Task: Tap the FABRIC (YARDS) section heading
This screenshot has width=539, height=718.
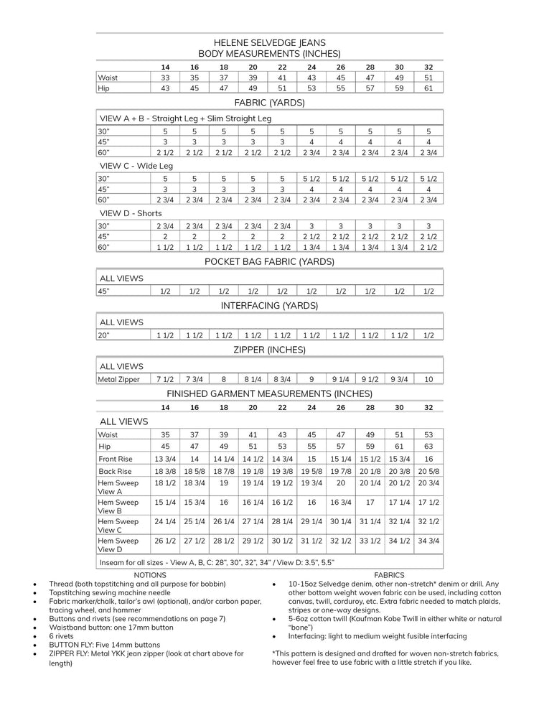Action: tap(269, 103)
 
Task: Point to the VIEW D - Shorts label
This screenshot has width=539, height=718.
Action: tap(131, 213)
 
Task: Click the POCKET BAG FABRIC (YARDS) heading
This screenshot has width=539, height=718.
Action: tap(269, 261)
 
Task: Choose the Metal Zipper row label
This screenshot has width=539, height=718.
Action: tap(119, 379)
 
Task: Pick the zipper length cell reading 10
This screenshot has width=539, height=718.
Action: tap(428, 379)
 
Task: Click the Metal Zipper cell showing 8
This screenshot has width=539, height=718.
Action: tap(224, 379)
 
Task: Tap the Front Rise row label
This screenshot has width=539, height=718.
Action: tap(116, 459)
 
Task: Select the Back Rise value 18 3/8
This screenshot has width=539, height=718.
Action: tap(165, 471)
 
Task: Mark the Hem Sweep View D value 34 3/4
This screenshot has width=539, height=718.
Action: tap(428, 541)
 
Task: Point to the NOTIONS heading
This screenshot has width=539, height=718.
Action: tap(150, 575)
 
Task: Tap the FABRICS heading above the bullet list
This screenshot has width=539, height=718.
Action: tap(389, 575)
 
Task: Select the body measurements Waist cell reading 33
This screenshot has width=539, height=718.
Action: tap(165, 77)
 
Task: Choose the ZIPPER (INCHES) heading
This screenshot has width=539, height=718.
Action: tap(269, 350)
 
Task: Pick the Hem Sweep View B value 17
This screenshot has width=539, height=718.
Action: tap(370, 503)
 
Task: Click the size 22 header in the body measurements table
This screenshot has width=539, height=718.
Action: tap(282, 67)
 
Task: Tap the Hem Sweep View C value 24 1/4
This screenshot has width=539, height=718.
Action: tap(165, 521)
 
